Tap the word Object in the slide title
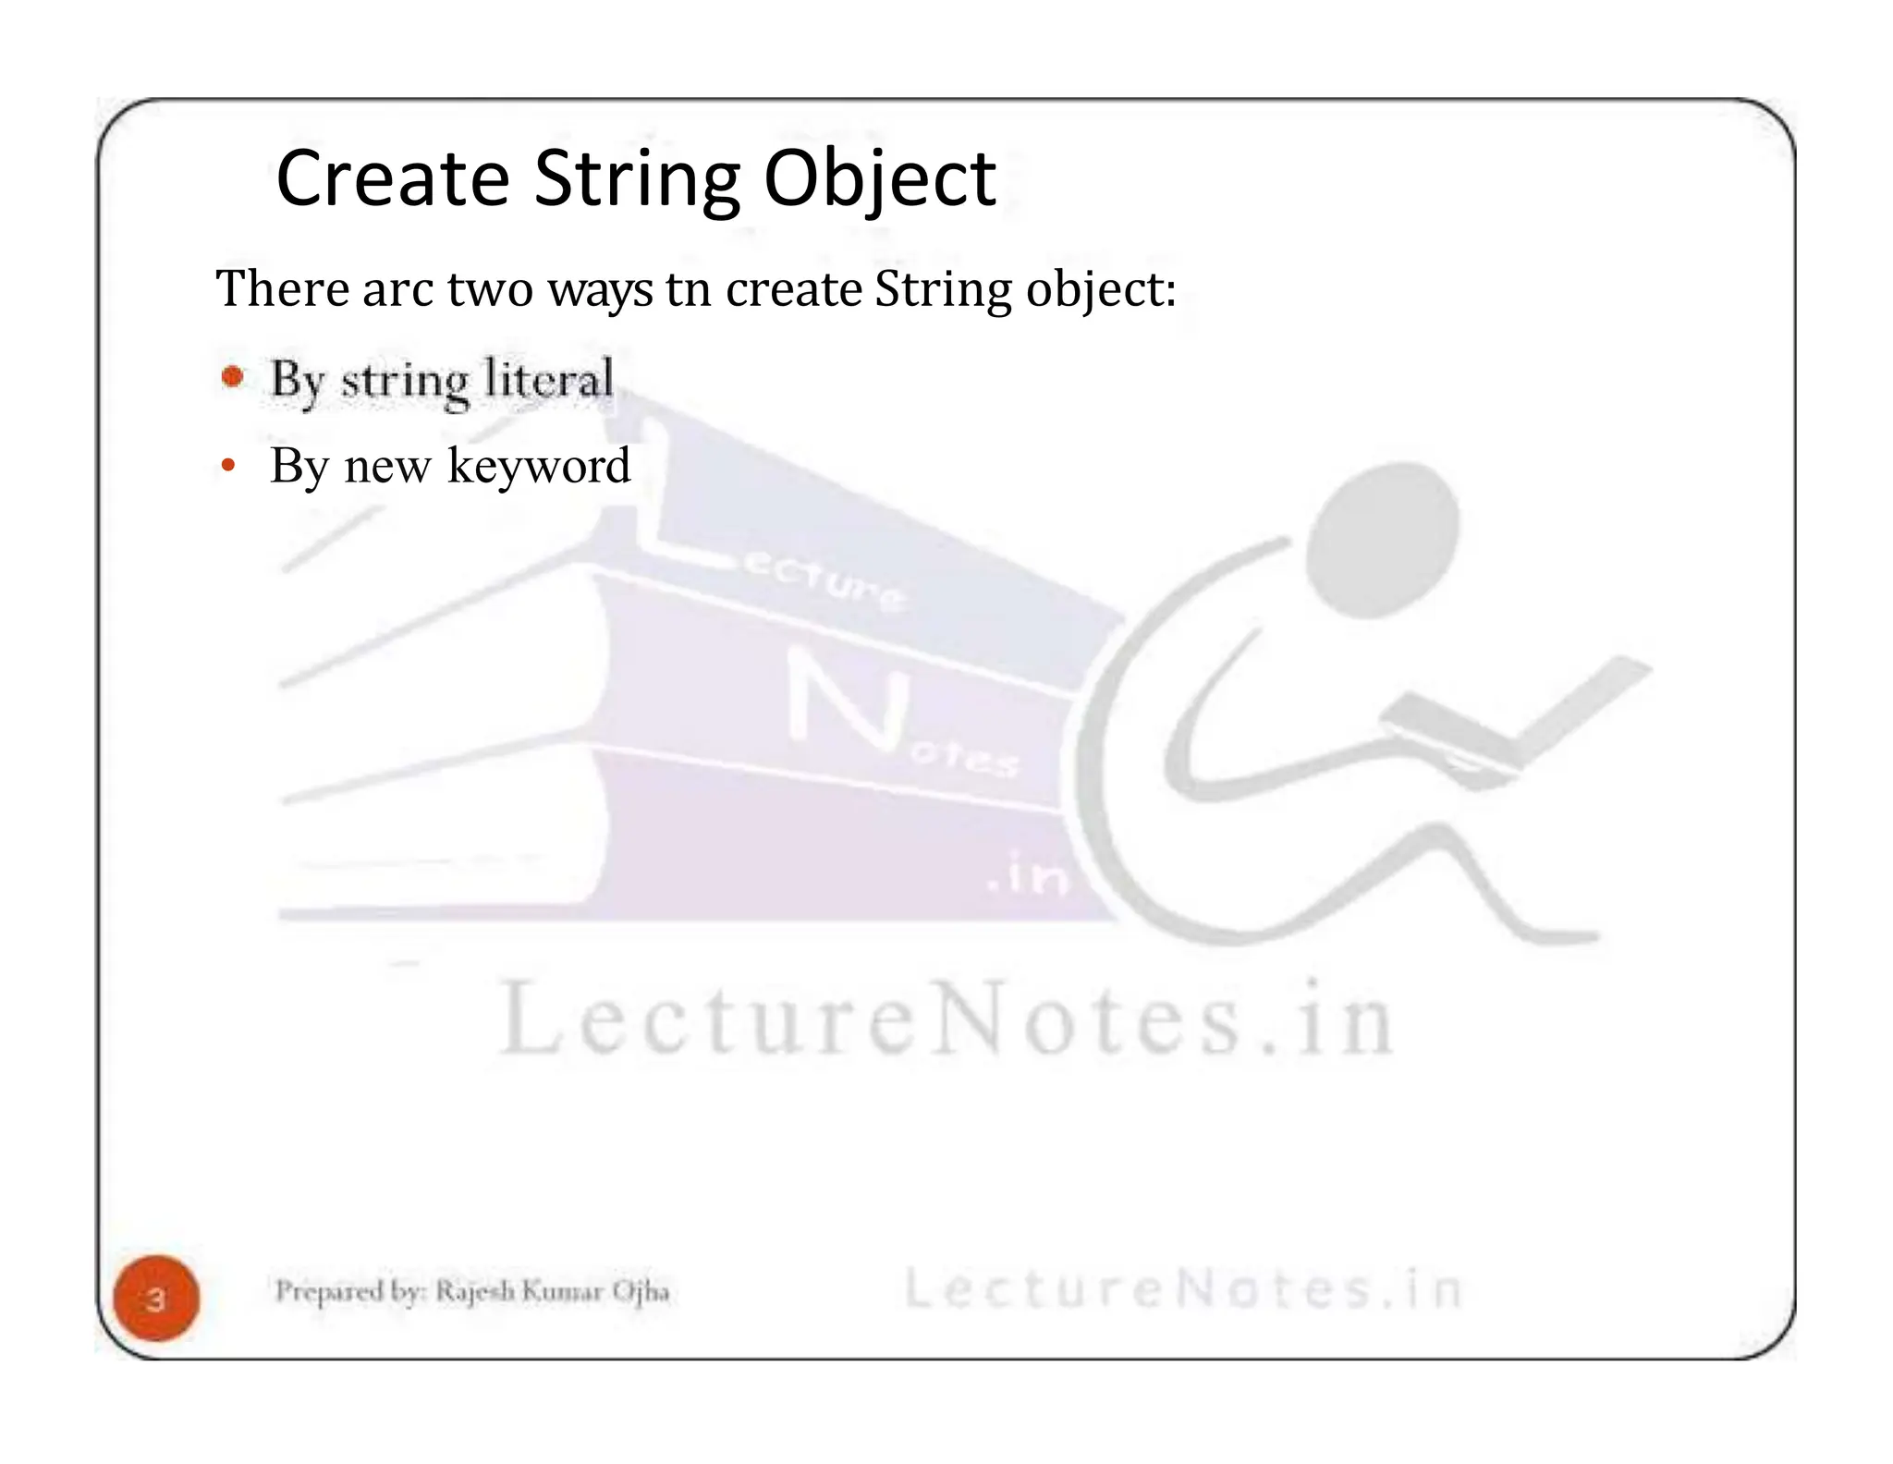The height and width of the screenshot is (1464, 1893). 879,181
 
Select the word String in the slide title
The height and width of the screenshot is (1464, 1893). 637,181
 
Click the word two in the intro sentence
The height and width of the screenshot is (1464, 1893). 490,288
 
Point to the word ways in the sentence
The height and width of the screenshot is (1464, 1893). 600,290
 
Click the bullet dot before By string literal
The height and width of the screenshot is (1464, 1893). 233,377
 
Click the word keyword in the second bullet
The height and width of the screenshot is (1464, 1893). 538,466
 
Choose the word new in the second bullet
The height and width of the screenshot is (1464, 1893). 387,466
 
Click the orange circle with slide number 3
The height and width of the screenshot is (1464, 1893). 156,1299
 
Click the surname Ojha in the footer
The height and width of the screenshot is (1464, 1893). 641,1291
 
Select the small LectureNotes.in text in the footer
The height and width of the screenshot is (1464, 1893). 1182,1289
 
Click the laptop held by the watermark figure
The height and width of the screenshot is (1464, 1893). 1516,721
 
